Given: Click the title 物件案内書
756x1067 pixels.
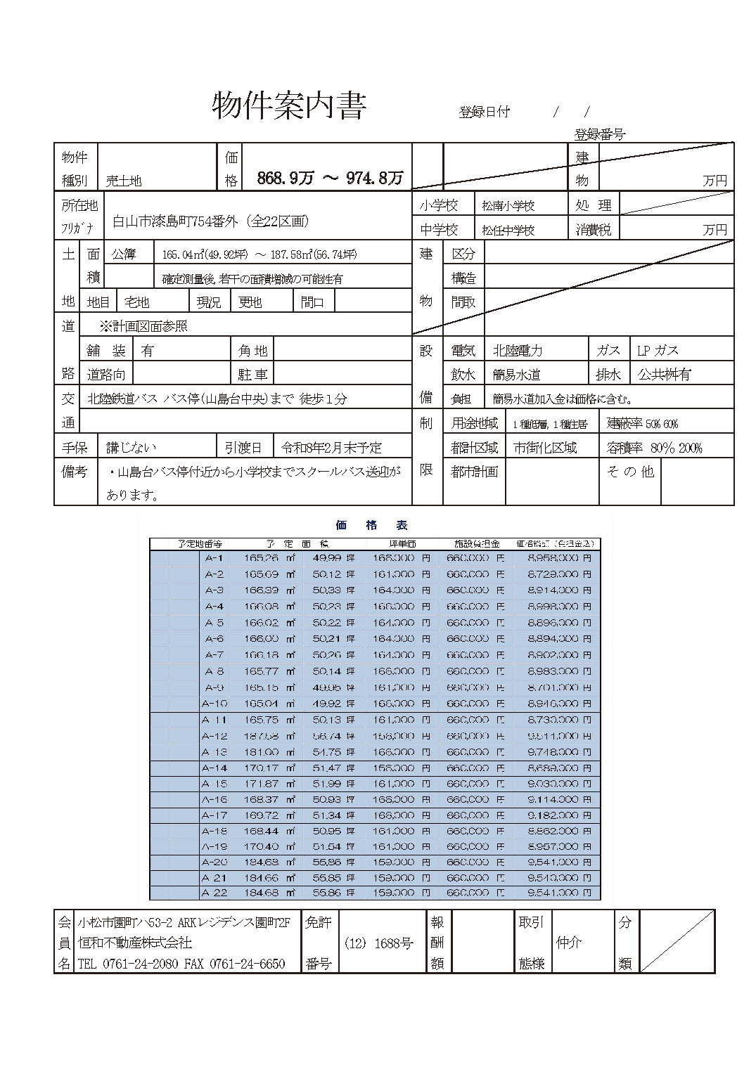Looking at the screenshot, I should click(x=289, y=106).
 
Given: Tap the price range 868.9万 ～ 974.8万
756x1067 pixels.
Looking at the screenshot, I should click(x=330, y=179).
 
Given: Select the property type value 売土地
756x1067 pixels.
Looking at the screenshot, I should click(x=124, y=181).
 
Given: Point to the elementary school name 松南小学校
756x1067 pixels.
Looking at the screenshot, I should click(x=508, y=206).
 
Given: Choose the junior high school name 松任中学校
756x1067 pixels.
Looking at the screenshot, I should click(x=508, y=230).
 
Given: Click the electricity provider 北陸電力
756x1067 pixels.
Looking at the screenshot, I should click(x=518, y=351).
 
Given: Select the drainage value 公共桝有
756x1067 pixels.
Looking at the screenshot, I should click(x=664, y=375).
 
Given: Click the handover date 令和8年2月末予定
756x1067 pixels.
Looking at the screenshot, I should click(x=331, y=448).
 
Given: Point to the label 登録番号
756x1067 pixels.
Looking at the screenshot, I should click(x=599, y=134).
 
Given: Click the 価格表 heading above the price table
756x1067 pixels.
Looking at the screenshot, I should click(x=372, y=525).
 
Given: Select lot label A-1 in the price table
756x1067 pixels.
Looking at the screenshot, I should click(x=214, y=558).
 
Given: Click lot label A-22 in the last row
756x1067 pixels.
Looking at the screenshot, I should click(x=214, y=893).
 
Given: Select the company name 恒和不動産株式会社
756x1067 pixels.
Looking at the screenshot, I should click(x=135, y=943).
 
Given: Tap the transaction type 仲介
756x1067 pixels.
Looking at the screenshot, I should click(x=568, y=942).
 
